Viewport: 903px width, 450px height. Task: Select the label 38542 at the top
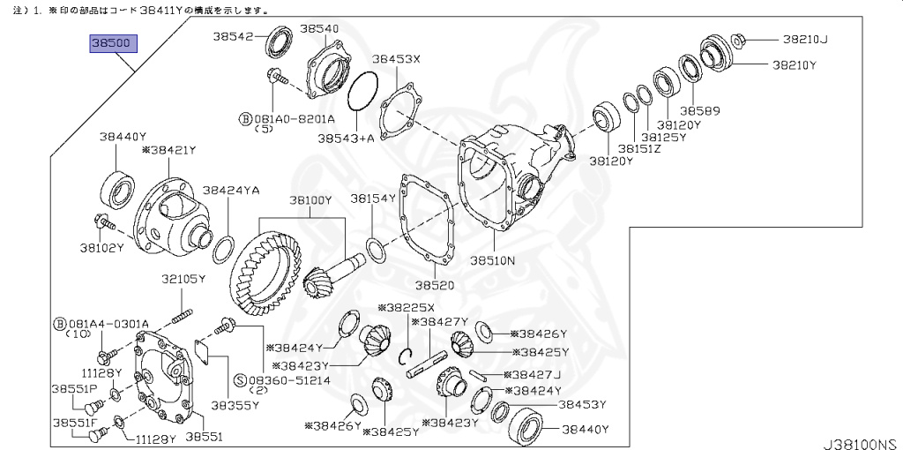coord(233,36)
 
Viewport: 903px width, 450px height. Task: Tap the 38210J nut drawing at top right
coord(739,39)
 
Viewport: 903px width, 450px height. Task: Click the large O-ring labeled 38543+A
coord(362,93)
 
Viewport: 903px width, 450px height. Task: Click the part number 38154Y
coord(373,199)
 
